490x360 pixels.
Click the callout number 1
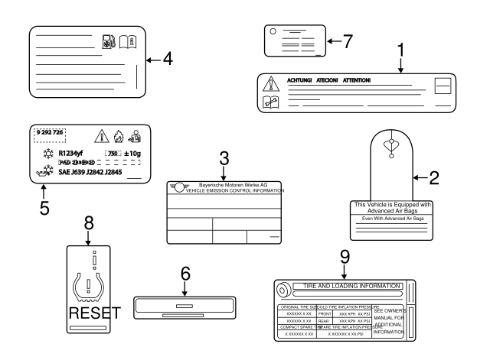400,50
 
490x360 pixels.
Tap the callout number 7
348,41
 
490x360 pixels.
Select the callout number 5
44,207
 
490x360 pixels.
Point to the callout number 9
344,259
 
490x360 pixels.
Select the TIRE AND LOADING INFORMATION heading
352,286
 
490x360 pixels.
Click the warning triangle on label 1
269,83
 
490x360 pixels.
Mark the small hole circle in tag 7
273,31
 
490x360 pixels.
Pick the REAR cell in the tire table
325,321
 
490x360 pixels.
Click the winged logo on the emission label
181,187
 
